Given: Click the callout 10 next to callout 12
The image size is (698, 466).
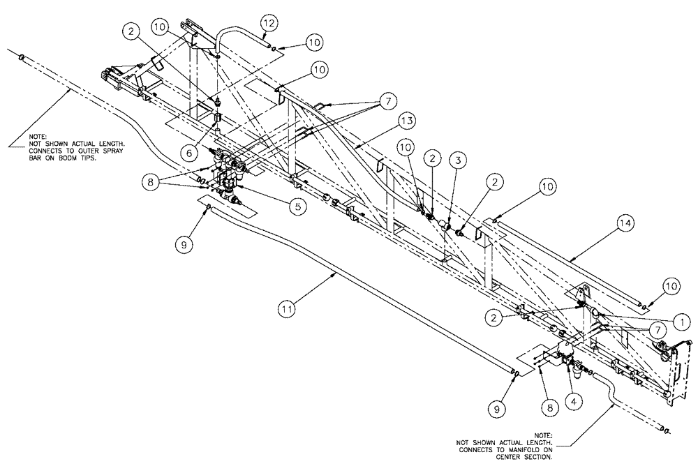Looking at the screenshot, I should point(314,43).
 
